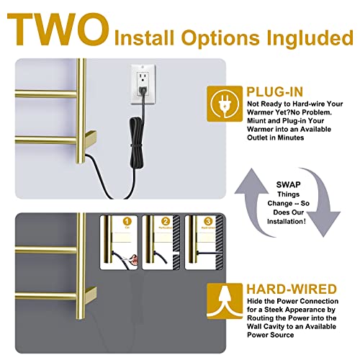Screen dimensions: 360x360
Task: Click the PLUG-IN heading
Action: pyautogui.click(x=275, y=91)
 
